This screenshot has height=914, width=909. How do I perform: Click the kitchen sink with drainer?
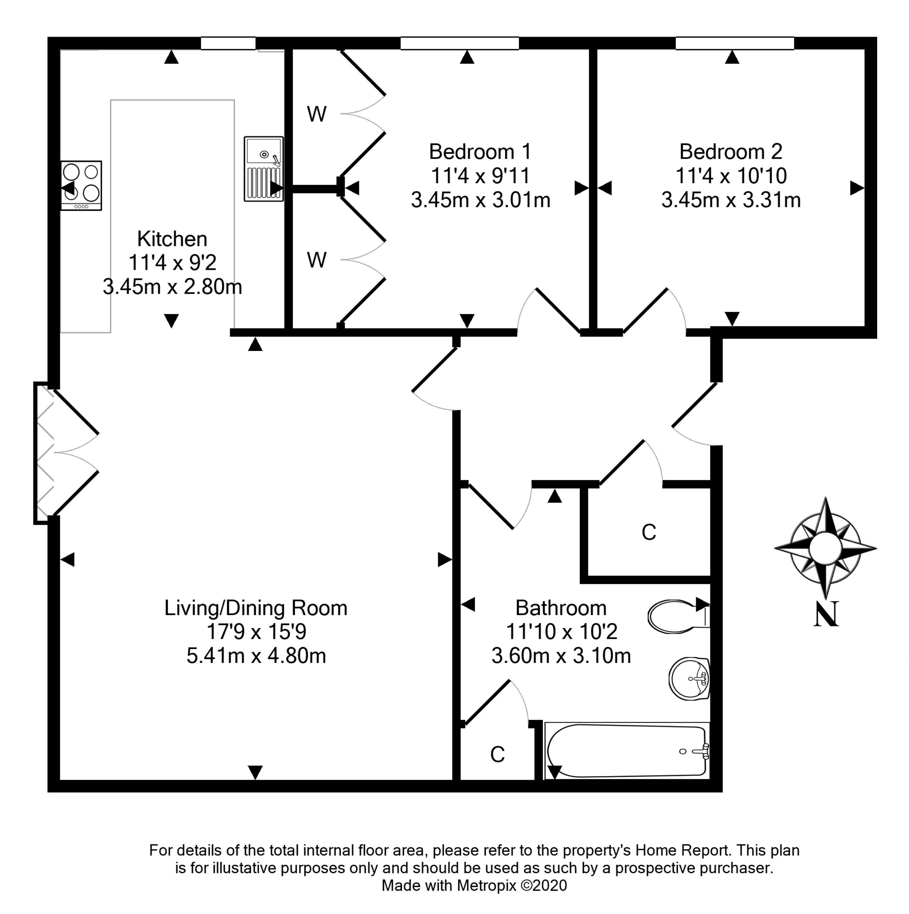263,169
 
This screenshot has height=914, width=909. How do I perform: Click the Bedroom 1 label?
480,152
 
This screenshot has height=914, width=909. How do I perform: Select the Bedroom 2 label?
731,152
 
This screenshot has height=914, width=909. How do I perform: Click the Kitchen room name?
172,239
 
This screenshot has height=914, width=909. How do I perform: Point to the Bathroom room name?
561,608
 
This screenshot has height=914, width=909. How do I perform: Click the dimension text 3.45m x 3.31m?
731,200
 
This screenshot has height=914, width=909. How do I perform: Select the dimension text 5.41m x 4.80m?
256,656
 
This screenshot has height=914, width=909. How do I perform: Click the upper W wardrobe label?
316,114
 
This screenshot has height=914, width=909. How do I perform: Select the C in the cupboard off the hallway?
648,533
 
